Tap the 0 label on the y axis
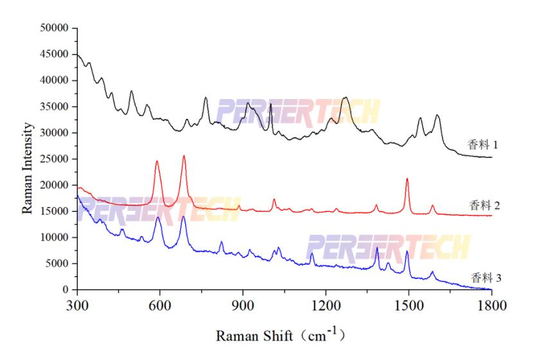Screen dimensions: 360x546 pos(65,290)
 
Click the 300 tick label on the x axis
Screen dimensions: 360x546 pos(77,305)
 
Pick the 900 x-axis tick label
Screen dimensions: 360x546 pos(242,305)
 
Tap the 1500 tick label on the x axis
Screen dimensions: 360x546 pos(408,305)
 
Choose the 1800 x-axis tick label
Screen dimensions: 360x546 pos(491,305)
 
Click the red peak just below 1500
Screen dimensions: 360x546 pos(407,179)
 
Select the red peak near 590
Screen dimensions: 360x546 pos(157,161)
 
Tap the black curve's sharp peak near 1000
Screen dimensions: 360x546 pos(271,104)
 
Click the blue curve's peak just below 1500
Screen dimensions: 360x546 pos(407,251)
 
